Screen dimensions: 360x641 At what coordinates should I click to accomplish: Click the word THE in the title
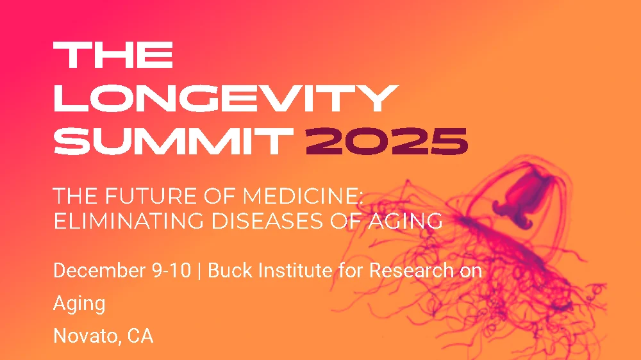[x=113, y=56]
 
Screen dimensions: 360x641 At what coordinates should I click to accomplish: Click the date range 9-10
[x=171, y=271]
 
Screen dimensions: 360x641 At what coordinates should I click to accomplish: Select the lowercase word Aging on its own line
[x=79, y=304]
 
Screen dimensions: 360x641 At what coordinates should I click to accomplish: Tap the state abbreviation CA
[x=140, y=336]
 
